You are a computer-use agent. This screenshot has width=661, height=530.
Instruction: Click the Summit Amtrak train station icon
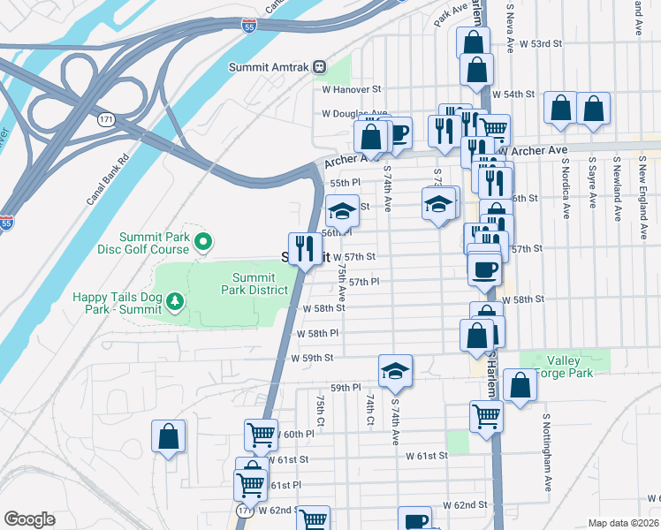point(319,67)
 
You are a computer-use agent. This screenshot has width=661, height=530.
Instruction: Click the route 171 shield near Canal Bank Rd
point(107,118)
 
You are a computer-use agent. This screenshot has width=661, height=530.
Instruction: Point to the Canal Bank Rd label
point(109,181)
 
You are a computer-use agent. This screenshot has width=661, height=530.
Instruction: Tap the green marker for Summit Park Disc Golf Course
point(202,240)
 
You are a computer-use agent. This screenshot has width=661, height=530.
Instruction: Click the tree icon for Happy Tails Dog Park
point(176,303)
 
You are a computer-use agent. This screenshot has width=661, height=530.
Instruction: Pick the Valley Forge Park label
point(574,367)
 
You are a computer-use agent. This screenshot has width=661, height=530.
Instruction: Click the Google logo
point(29,519)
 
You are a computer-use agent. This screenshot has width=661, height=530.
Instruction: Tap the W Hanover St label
point(351,89)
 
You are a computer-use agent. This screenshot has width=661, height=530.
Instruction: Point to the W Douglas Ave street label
point(354,114)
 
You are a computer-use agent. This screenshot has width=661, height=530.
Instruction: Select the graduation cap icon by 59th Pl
point(395,370)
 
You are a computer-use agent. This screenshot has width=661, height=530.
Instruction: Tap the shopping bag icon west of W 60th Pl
point(168,436)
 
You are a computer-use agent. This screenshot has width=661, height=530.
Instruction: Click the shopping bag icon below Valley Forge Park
point(520,385)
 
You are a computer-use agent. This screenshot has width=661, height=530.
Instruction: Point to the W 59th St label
point(312,358)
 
